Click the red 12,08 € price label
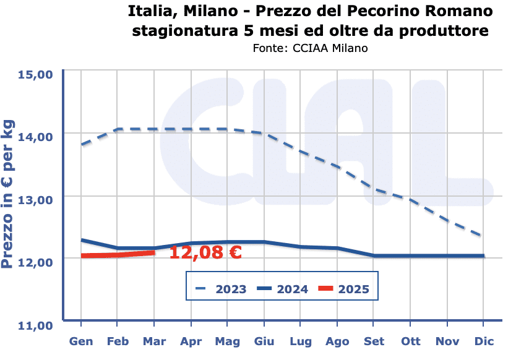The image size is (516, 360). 205,252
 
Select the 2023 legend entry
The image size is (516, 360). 221,289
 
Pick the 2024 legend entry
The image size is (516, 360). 284,289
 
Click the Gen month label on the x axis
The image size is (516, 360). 81,341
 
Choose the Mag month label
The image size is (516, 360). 228,341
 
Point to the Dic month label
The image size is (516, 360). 484,341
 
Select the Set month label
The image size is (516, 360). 374,341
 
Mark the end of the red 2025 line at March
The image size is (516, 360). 153,252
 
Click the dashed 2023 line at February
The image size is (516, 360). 118,129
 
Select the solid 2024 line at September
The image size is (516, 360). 374,255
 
